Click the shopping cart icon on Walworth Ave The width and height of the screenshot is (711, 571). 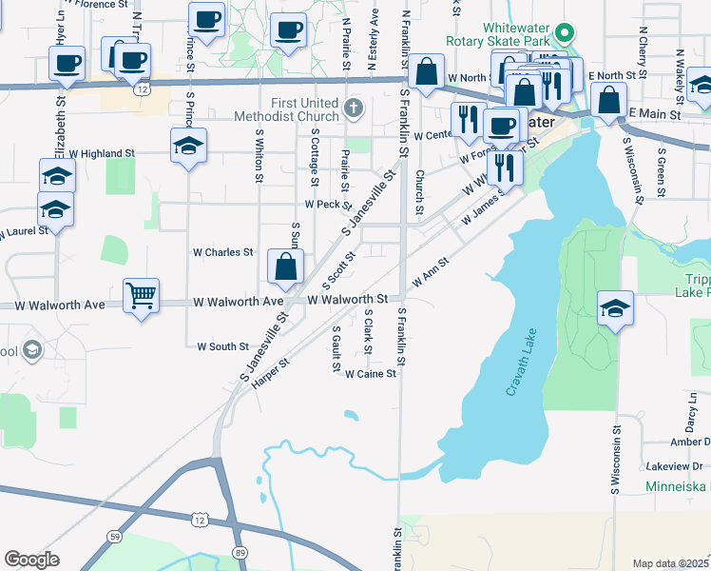tap(141, 296)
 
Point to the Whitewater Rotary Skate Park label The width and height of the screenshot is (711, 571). tap(503, 35)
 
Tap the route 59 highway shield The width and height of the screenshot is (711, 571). tap(114, 537)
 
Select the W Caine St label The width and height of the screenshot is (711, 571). tap(370, 374)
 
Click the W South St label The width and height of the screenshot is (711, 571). tap(222, 347)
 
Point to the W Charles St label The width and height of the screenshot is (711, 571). tap(222, 253)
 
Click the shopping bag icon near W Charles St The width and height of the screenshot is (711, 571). tap(285, 266)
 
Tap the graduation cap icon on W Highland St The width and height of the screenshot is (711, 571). tap(188, 147)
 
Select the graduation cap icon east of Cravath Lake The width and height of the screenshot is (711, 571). tap(615, 307)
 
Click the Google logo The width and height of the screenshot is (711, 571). tap(31, 560)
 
